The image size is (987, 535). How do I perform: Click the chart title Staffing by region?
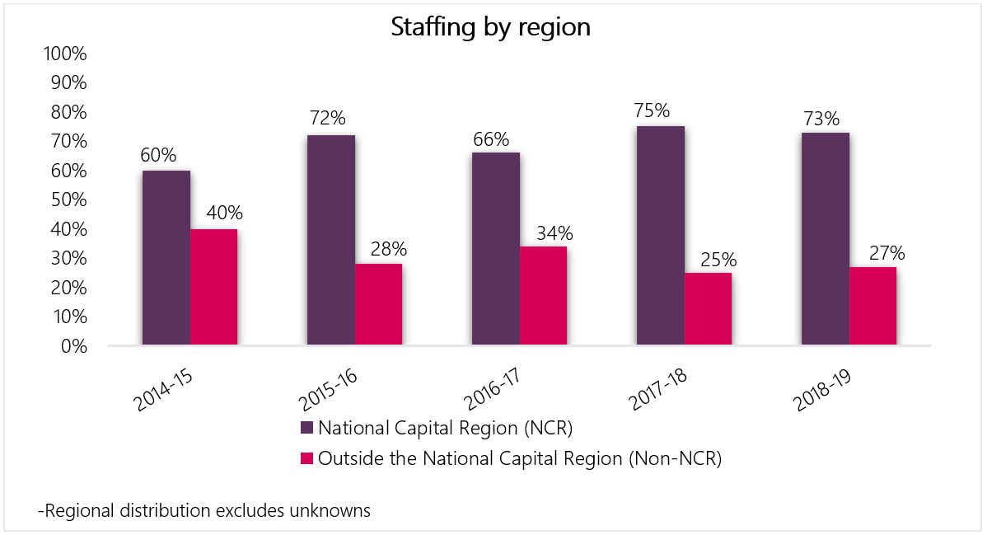(x=491, y=26)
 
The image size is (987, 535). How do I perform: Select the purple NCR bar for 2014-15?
(x=166, y=258)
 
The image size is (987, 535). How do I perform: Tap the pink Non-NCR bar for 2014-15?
(x=214, y=287)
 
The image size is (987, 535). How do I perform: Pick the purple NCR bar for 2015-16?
(x=331, y=240)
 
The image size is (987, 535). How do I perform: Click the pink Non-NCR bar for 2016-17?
(x=543, y=295)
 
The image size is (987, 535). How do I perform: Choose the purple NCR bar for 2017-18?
(x=661, y=236)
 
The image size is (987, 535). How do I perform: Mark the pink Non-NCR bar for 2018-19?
(x=872, y=306)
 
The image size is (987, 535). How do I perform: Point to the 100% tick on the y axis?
(x=63, y=54)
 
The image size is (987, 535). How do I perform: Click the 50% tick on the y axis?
(x=67, y=200)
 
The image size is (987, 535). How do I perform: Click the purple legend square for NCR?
(x=306, y=429)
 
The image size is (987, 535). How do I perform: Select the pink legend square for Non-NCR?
(x=306, y=459)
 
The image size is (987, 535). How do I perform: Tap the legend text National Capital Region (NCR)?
(x=445, y=429)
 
